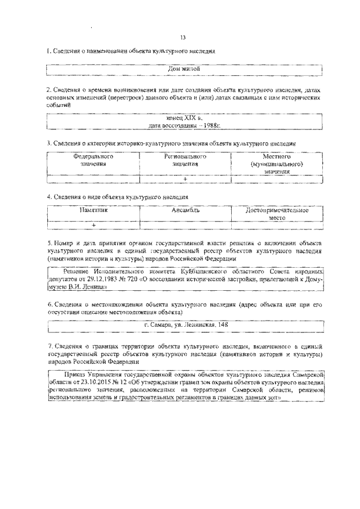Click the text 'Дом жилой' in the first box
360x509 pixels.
tap(184, 70)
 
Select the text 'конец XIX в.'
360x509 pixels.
tap(184, 118)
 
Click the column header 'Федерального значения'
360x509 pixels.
tap(93, 160)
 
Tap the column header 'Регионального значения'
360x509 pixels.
tap(185, 160)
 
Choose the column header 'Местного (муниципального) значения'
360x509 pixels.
tap(277, 164)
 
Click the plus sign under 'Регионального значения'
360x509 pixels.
tap(185, 178)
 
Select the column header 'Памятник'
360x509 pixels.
tap(93, 210)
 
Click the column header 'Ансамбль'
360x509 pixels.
tap(186, 210)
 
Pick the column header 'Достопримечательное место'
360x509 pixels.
tap(277, 213)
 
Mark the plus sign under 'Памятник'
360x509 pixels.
tap(93, 225)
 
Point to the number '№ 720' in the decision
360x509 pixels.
tap(137, 278)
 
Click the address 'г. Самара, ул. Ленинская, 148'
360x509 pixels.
tap(185, 325)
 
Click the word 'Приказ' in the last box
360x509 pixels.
tap(76, 373)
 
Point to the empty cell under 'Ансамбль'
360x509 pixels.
tap(186, 225)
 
